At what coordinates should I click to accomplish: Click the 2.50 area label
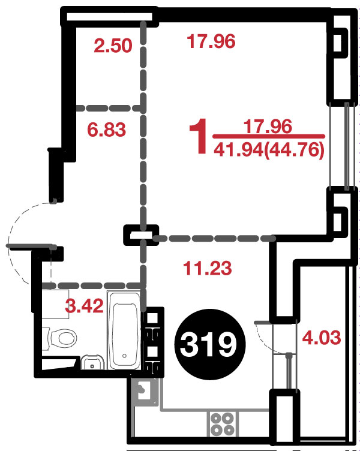click(x=113, y=46)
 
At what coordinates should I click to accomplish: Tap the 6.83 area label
click(x=106, y=130)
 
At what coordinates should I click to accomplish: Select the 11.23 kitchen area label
click(x=208, y=268)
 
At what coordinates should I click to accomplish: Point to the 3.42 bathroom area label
click(x=84, y=306)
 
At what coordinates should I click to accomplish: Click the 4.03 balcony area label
click(x=322, y=338)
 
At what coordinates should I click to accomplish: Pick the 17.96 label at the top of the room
click(x=211, y=41)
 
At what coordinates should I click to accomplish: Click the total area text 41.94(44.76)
click(x=269, y=149)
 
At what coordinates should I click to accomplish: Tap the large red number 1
click(x=199, y=136)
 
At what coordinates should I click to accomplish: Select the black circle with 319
click(x=210, y=344)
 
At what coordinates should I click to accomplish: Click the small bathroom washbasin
click(x=92, y=362)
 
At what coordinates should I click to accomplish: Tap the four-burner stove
click(x=222, y=423)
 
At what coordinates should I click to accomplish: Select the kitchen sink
click(x=145, y=391)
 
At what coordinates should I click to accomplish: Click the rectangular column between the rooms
click(x=141, y=235)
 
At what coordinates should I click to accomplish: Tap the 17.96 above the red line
click(x=268, y=127)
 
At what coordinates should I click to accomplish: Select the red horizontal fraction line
click(x=269, y=136)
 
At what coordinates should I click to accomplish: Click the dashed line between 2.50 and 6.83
click(x=109, y=108)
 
